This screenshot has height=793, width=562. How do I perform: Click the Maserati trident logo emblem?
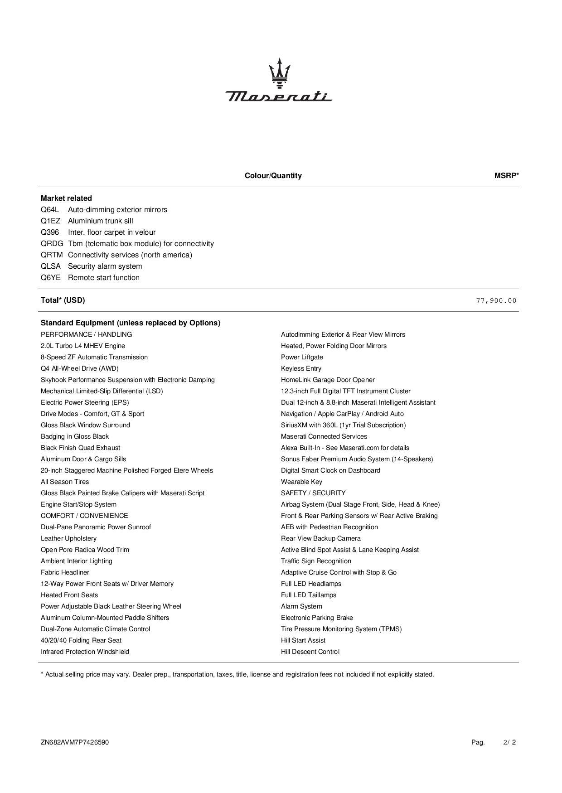[x=279, y=73]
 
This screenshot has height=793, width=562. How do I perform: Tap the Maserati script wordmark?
[x=279, y=96]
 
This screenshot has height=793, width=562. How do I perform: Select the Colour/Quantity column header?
[x=273, y=176]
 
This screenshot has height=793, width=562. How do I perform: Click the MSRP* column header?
[x=506, y=176]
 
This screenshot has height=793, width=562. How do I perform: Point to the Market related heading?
[x=66, y=198]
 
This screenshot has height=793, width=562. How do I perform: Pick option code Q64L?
[x=50, y=210]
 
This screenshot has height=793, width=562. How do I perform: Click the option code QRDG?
[x=52, y=244]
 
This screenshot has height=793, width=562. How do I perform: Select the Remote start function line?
[x=103, y=278]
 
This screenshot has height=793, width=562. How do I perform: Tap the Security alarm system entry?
[x=105, y=266]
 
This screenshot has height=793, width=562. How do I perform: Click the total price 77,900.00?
[x=496, y=300]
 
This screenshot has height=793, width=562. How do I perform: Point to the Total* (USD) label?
[x=63, y=300]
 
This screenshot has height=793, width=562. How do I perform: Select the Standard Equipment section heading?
[x=131, y=323]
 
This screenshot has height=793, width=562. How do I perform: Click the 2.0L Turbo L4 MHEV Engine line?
[x=83, y=346]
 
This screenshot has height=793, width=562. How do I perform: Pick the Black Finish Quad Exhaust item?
[x=80, y=448]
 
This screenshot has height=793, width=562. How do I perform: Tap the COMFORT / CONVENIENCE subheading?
[x=84, y=516]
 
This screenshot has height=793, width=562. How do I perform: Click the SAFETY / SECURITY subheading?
[x=313, y=493]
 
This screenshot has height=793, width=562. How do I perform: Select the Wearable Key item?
[x=301, y=482]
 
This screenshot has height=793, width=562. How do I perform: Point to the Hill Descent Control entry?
[x=310, y=652]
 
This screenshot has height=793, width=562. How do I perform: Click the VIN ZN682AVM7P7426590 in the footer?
[x=75, y=742]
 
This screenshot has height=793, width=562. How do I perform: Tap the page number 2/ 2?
[x=509, y=742]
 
